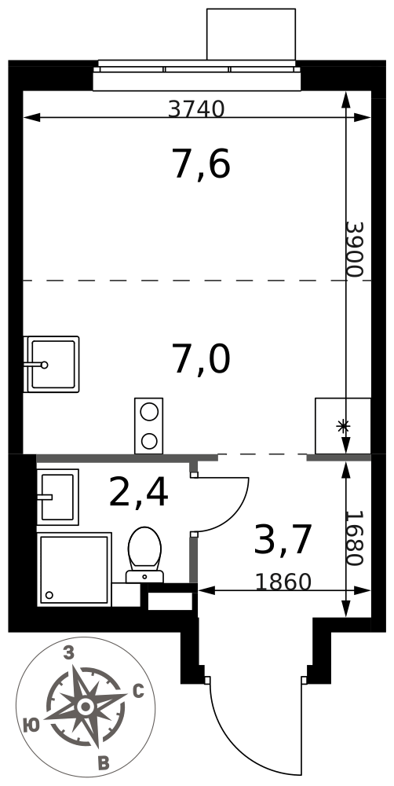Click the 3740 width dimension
click(196, 108)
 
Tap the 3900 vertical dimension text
click(354, 250)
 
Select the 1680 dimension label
click(354, 538)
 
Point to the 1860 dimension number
click(283, 582)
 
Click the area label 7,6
click(201, 164)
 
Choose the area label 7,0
click(201, 360)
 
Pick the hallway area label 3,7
click(283, 539)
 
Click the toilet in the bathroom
click(144, 554)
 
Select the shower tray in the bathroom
click(74, 569)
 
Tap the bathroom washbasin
click(57, 497)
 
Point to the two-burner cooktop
click(148, 425)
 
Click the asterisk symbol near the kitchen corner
click(343, 427)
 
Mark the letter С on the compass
click(139, 692)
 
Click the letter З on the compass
click(69, 652)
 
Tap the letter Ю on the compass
click(32, 724)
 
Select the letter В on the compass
click(104, 763)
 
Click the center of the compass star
click(86, 707)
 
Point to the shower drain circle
click(49, 595)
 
